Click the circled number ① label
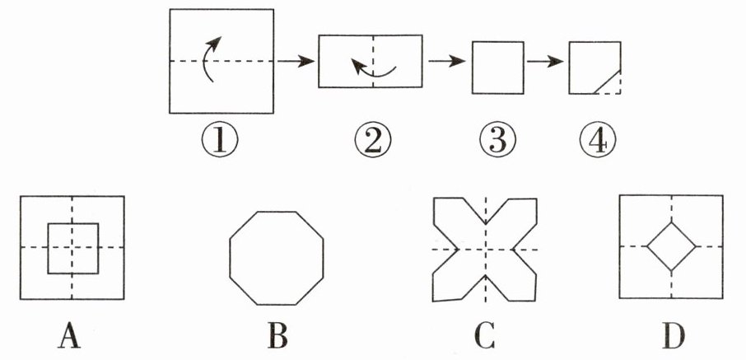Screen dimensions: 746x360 [222, 141]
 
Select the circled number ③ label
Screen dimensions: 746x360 [498, 141]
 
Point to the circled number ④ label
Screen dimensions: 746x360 [594, 141]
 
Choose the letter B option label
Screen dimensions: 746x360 [277, 335]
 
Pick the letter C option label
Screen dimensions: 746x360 [485, 335]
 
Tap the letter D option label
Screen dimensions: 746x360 [672, 335]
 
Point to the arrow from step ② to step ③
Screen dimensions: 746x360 [446, 61]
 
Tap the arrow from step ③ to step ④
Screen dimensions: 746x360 [546, 61]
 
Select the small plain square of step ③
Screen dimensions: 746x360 [498, 68]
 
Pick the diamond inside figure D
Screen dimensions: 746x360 [672, 245]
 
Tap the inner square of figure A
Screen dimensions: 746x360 [72, 248]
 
